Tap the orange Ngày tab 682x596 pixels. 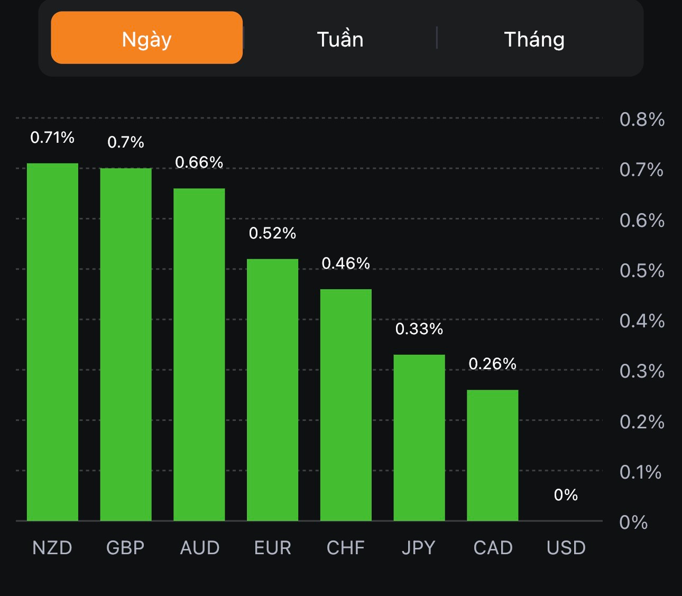tap(146, 38)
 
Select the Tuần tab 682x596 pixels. tap(340, 39)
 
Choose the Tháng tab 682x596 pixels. tap(534, 39)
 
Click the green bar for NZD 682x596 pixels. tap(52, 342)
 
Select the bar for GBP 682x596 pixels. tap(126, 344)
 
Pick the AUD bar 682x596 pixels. tap(199, 354)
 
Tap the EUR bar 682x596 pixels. tap(272, 390)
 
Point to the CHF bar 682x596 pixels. tap(346, 405)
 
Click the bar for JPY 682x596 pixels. tap(419, 437)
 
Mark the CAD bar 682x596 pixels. tap(492, 455)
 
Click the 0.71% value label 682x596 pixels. tap(52, 137)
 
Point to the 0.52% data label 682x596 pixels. tap(272, 233)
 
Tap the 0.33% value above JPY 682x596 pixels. tap(419, 329)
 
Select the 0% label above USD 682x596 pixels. tap(566, 495)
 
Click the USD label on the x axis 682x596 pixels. tap(566, 548)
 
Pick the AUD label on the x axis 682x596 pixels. tap(199, 548)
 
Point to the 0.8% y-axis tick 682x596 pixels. tap(642, 120)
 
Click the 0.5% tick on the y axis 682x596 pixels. tap(642, 271)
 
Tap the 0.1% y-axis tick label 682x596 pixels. tap(640, 472)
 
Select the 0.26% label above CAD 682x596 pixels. tap(492, 364)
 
